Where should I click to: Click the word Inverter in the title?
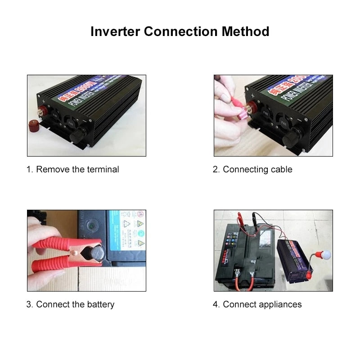(115, 31)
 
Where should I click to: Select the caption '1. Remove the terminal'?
(72, 170)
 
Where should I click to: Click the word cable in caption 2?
(282, 170)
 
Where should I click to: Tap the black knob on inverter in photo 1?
(81, 133)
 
